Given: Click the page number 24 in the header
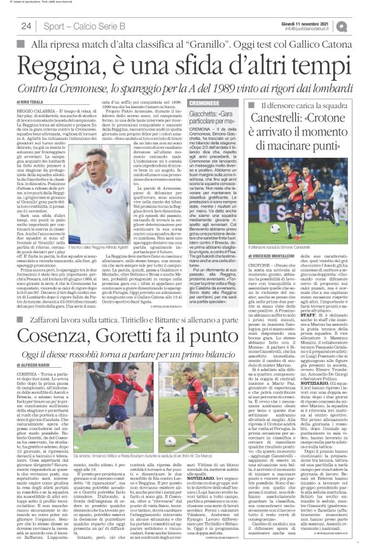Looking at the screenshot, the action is click(26, 26).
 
